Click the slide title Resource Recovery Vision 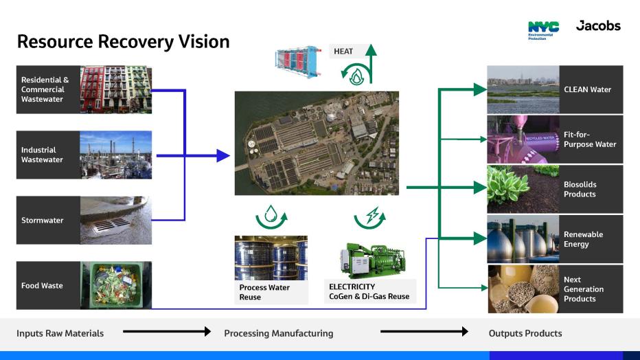point(122,42)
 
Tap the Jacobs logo point(598,26)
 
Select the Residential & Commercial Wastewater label point(47,90)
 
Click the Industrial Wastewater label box point(47,155)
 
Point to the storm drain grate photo point(116,221)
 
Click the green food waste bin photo point(116,285)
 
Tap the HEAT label point(343,51)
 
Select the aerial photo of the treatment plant point(317,143)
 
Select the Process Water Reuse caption point(265,292)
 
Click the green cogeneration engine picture point(369,258)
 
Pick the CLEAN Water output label point(588,89)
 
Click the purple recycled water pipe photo point(523,139)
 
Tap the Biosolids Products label point(581,190)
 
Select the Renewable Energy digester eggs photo point(523,239)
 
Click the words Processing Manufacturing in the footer point(278,333)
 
